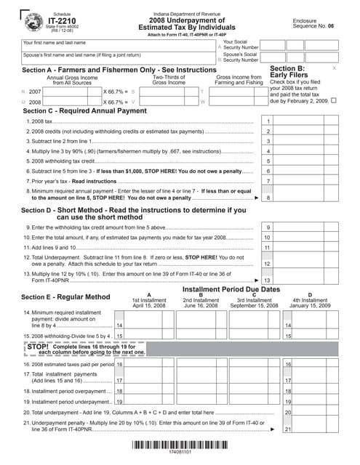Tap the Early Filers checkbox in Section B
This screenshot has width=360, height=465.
(x=334, y=101)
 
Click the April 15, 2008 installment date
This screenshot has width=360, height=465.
(x=149, y=306)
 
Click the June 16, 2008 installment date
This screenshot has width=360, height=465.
(x=200, y=306)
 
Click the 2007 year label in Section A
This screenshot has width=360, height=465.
(x=35, y=92)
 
